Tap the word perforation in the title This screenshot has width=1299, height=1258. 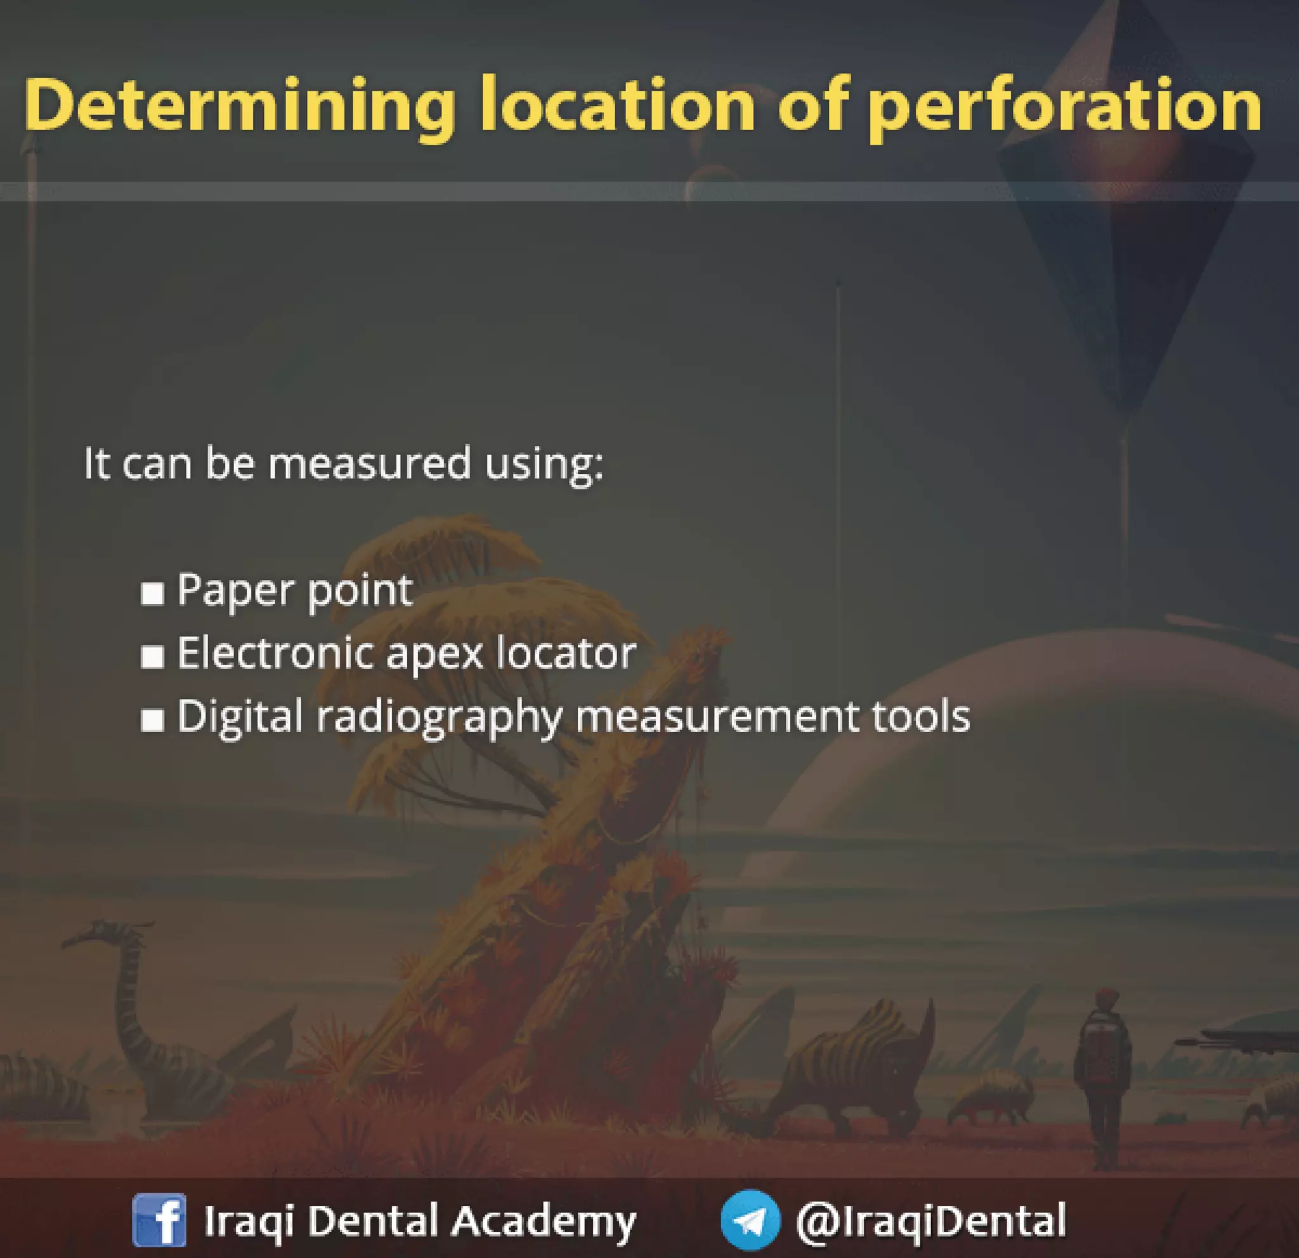1065,106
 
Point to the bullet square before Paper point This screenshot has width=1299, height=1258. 152,593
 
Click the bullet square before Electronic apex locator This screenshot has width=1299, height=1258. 152,656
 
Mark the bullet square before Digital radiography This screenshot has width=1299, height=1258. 152,720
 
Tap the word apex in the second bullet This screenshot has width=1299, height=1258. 434,653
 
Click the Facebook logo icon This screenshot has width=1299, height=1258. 159,1219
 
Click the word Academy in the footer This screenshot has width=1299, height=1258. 544,1220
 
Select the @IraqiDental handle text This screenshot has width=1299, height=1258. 930,1219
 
